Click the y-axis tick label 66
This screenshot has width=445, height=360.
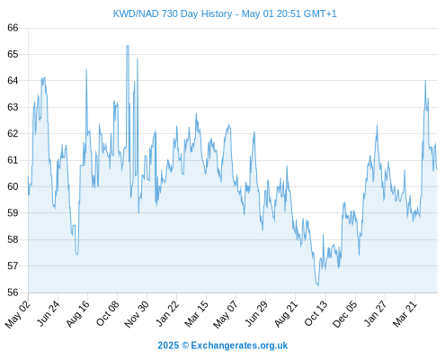(x=13, y=28)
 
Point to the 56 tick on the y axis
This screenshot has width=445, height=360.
(x=13, y=292)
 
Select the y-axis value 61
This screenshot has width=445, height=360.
(x=13, y=160)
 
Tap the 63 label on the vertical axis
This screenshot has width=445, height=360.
(x=13, y=107)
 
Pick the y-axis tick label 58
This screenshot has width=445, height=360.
(x=13, y=239)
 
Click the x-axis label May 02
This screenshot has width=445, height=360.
(x=18, y=314)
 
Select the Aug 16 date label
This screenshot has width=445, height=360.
(x=78, y=313)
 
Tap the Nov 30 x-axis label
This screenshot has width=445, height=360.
(x=137, y=314)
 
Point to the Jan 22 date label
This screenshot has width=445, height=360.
(x=167, y=313)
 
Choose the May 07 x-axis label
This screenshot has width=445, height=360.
(x=226, y=314)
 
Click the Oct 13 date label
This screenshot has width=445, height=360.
(x=316, y=313)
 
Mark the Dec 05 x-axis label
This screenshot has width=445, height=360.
(x=345, y=314)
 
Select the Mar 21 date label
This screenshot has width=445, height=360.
(x=405, y=313)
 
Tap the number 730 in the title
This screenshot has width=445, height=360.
(x=170, y=13)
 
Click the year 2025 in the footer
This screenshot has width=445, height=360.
(x=168, y=346)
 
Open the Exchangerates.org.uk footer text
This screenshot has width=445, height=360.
(x=239, y=346)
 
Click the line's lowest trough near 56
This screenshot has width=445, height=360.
(x=318, y=286)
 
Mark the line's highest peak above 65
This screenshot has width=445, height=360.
(x=128, y=46)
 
